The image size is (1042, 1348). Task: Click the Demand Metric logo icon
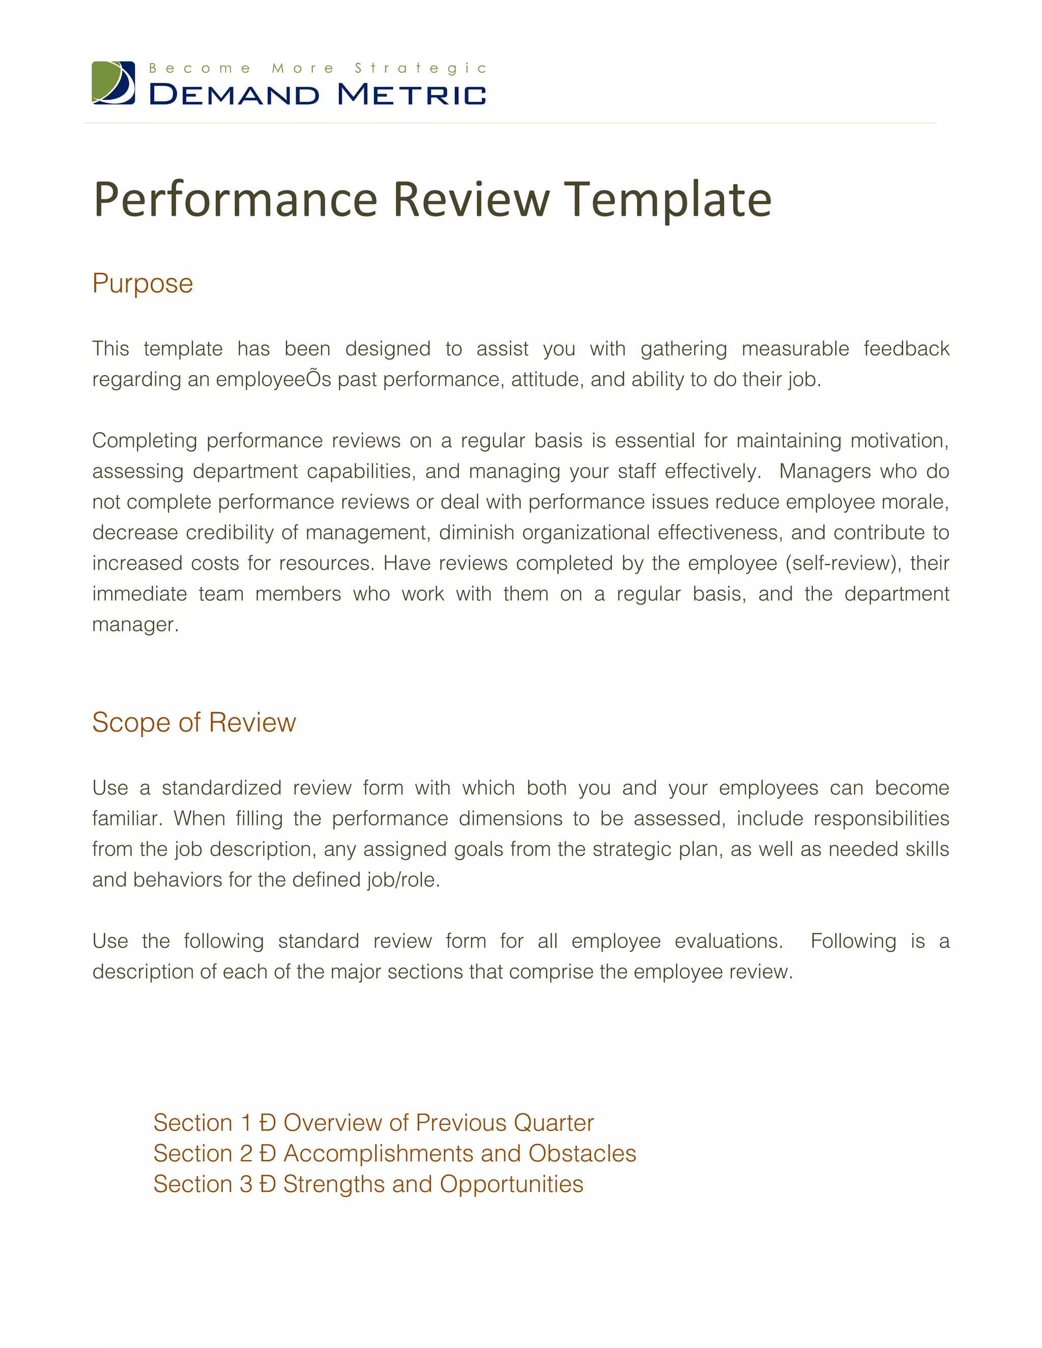point(113,83)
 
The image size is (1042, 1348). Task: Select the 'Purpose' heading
point(142,283)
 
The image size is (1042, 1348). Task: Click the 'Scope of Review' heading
point(194,722)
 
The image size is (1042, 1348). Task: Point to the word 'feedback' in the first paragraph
point(906,349)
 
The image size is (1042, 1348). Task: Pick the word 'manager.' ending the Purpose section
point(135,624)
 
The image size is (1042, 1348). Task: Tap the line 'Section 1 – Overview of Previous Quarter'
point(373,1123)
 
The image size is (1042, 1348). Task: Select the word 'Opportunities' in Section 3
point(511,1184)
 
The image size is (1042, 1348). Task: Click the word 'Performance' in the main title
point(235,199)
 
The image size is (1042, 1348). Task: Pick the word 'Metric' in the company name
point(411,95)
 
